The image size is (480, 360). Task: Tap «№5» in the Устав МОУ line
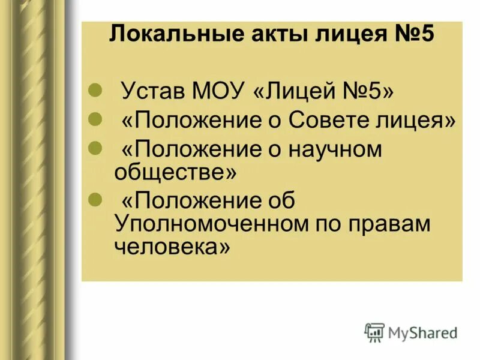[367, 93]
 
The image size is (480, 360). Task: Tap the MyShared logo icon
[374, 332]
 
